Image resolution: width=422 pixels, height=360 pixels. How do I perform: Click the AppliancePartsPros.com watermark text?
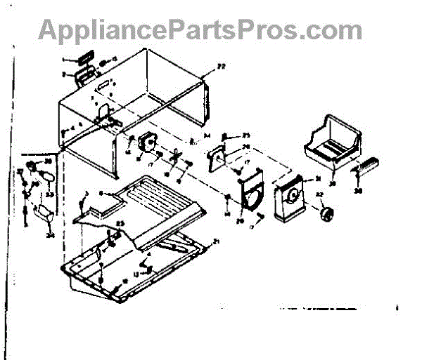point(200,29)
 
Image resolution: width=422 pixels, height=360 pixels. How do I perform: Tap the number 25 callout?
point(246,135)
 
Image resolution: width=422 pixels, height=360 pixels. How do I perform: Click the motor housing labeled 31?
point(290,196)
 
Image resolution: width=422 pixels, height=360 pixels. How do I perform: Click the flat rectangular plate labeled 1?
point(83,58)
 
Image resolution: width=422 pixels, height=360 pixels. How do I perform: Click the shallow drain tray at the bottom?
point(134,263)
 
